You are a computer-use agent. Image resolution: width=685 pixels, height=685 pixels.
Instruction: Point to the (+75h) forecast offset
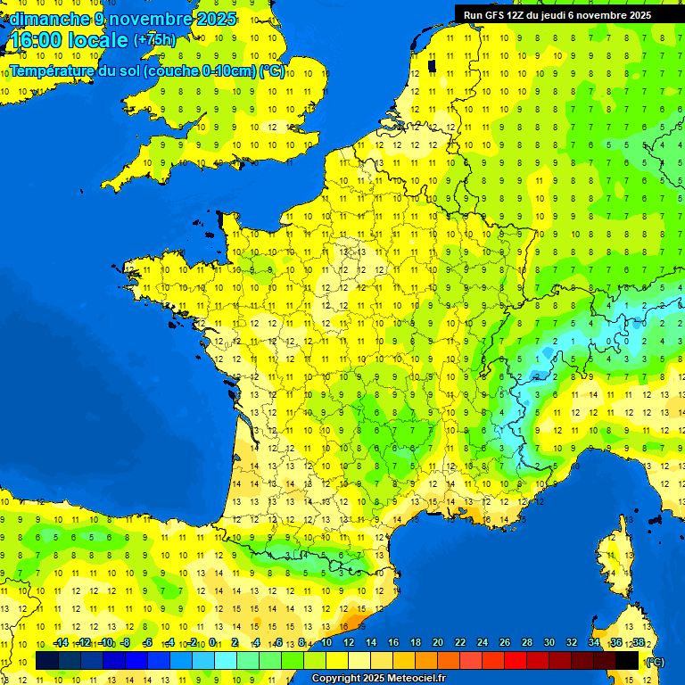coord(154,40)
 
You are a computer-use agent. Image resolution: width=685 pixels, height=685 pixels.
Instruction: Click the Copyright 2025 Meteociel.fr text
coord(378,679)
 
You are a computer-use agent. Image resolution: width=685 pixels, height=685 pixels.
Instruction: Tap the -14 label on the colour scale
coord(61,643)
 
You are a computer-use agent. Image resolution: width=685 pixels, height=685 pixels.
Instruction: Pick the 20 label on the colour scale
coord(438,643)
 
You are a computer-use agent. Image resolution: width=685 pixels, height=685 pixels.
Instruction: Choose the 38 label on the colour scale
coord(639,643)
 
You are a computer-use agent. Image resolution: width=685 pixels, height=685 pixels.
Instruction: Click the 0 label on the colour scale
coord(213,643)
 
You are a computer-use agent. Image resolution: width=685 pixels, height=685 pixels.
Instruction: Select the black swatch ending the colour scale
coord(628,660)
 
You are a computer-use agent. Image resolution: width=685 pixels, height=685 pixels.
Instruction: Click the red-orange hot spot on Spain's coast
coord(354,621)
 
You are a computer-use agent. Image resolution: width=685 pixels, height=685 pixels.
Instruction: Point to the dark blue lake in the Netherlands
coord(432,64)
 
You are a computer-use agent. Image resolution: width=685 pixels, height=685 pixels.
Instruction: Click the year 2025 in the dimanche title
coord(217,19)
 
